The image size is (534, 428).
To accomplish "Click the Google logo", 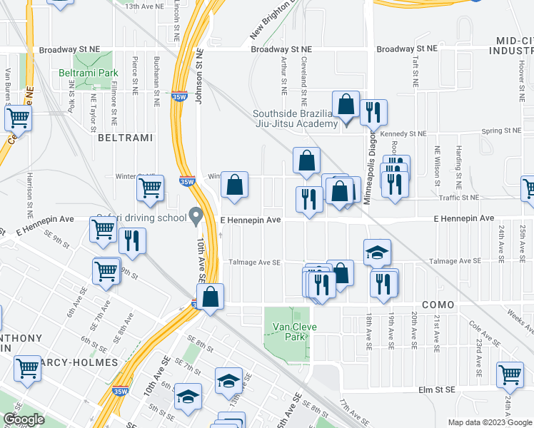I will click(24, 419).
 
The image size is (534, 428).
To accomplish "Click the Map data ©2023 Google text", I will click(488, 422).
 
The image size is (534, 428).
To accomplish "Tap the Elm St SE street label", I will click(435, 390).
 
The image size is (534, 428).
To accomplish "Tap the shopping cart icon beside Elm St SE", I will click(510, 373).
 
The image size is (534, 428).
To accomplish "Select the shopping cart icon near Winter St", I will click(151, 189).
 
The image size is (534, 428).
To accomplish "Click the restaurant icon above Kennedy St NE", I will click(373, 112).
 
